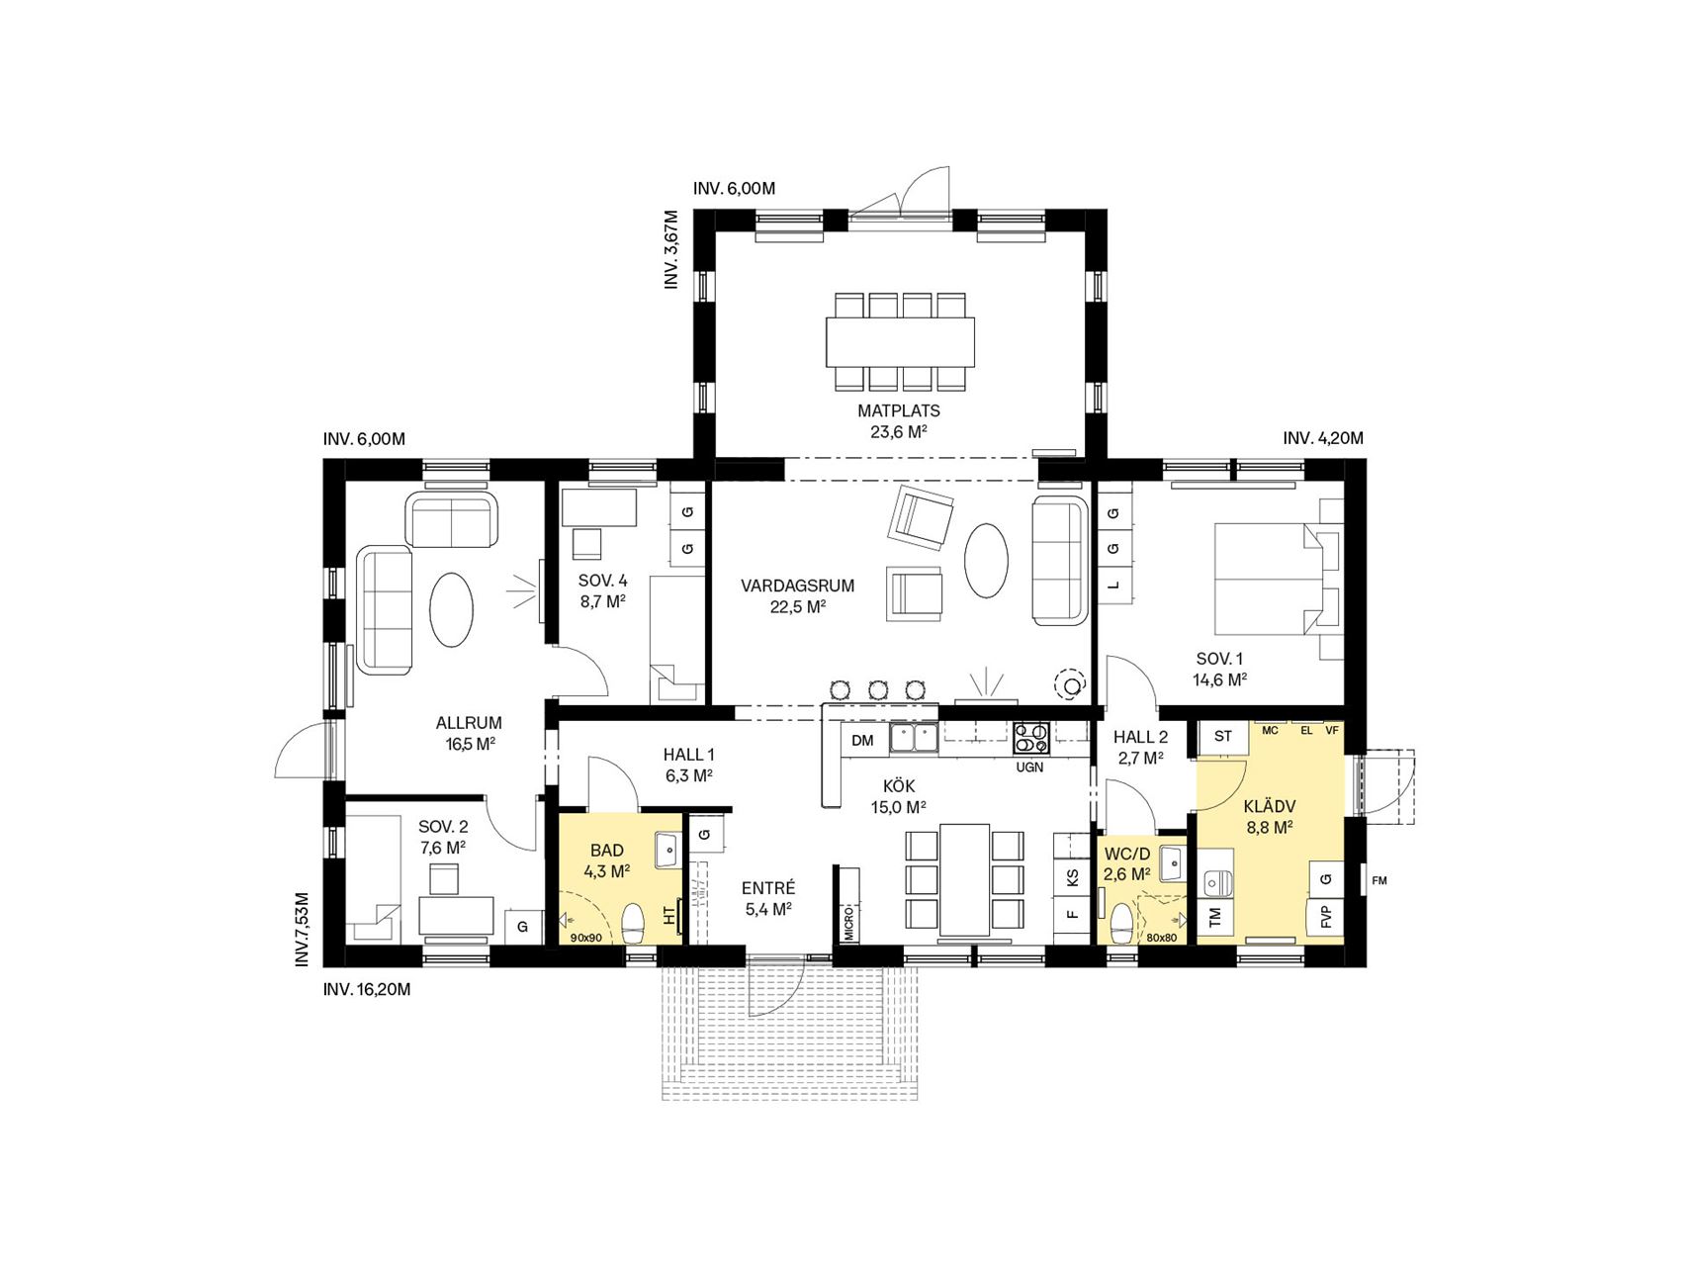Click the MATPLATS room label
point(898,410)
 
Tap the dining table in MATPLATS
point(900,341)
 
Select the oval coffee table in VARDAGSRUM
point(986,560)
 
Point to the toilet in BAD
point(632,924)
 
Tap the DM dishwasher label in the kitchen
point(862,740)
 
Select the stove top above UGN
point(1030,739)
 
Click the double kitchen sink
point(915,738)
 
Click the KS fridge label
point(1072,877)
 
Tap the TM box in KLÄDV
point(1215,917)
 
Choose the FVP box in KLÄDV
point(1326,917)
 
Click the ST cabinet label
point(1223,736)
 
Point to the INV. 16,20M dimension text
point(366,988)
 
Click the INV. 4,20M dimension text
point(1323,438)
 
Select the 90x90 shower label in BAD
point(585,937)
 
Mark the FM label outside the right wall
point(1379,880)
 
